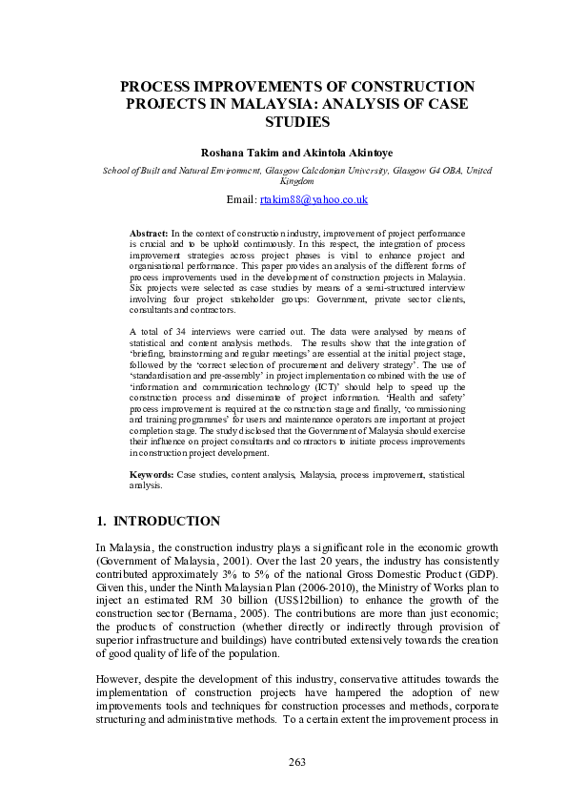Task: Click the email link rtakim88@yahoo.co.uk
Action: [x=313, y=199]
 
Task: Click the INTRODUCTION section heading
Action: [x=167, y=521]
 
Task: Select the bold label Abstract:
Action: [x=149, y=233]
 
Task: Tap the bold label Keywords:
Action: [x=152, y=474]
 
